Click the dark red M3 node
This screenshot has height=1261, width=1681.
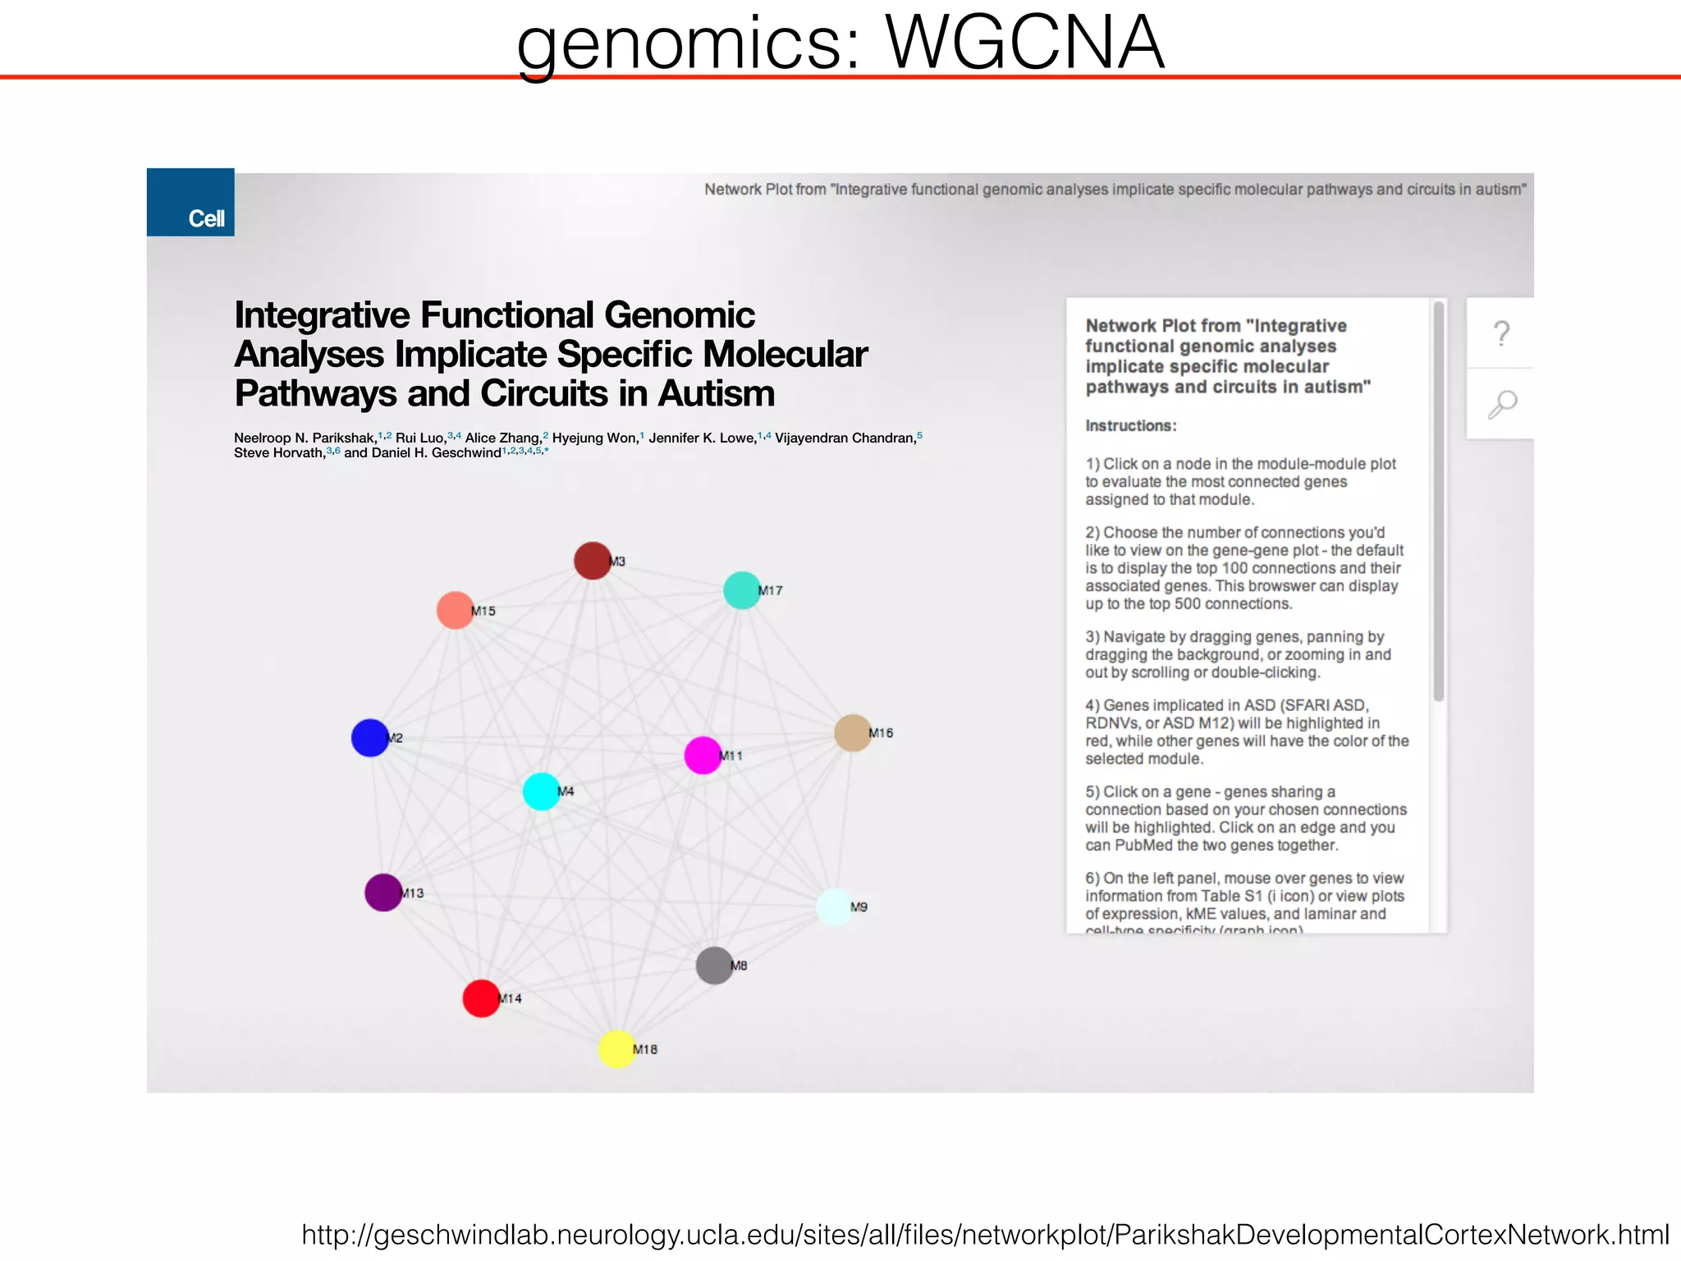click(x=592, y=561)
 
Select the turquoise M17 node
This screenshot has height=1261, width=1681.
click(x=742, y=590)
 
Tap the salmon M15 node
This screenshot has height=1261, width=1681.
click(x=455, y=610)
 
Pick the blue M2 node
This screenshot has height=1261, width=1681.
click(x=370, y=737)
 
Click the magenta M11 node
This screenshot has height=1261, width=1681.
click(x=703, y=755)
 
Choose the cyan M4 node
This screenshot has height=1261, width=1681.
click(x=541, y=791)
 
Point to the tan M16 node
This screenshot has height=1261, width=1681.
click(x=852, y=732)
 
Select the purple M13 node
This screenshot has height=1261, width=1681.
click(x=383, y=892)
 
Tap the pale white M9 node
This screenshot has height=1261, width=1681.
click(x=835, y=906)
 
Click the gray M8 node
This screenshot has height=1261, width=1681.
click(x=714, y=965)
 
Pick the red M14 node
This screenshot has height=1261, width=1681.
click(x=482, y=998)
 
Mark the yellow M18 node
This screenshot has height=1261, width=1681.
click(x=616, y=1049)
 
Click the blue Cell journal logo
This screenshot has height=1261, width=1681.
click(x=190, y=203)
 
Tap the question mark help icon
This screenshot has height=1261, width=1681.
click(x=1501, y=333)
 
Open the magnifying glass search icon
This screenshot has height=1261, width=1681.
click(x=1502, y=404)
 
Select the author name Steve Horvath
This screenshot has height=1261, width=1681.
click(x=279, y=453)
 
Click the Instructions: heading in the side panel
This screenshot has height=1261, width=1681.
click(x=1130, y=426)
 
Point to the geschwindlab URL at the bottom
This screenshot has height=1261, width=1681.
click(x=985, y=1235)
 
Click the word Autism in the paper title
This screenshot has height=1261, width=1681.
click(x=716, y=393)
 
